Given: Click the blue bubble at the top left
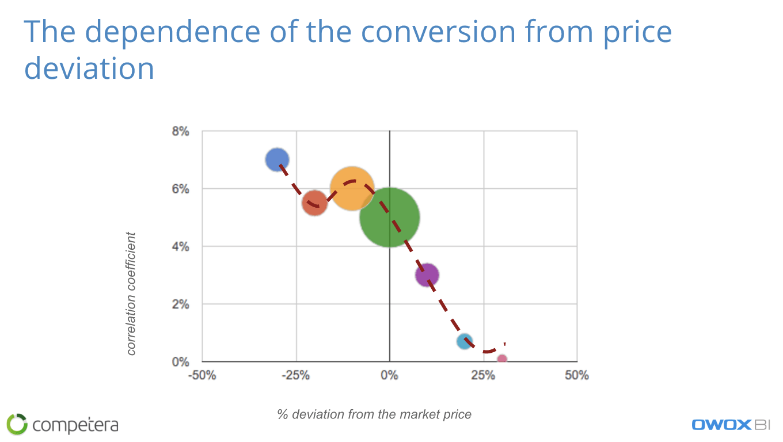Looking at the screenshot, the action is [x=277, y=159].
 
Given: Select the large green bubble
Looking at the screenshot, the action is [x=390, y=218].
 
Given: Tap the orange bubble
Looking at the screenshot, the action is [x=352, y=189].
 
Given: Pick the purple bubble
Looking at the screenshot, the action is [x=427, y=275].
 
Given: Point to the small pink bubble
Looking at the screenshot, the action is [x=502, y=359].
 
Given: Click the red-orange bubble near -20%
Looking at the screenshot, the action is [x=314, y=203].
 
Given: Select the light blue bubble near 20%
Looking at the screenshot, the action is [x=465, y=341].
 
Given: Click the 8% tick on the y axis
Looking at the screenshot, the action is [x=180, y=131].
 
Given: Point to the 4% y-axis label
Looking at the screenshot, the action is [x=180, y=247].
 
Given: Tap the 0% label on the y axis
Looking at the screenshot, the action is [x=180, y=362].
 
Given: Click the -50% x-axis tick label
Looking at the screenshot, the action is [x=202, y=375].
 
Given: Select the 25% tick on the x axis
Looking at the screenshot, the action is [x=483, y=375].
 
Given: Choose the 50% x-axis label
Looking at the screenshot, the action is [x=577, y=375].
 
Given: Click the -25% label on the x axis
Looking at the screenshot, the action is [x=296, y=375].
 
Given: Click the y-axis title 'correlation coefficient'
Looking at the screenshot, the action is [x=131, y=294].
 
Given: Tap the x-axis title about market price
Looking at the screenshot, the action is [x=374, y=414].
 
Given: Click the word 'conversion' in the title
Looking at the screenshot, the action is [x=438, y=32].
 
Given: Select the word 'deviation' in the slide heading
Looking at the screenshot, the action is [x=89, y=68].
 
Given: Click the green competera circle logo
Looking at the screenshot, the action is [x=17, y=424].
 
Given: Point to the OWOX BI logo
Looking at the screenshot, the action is [x=731, y=425].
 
